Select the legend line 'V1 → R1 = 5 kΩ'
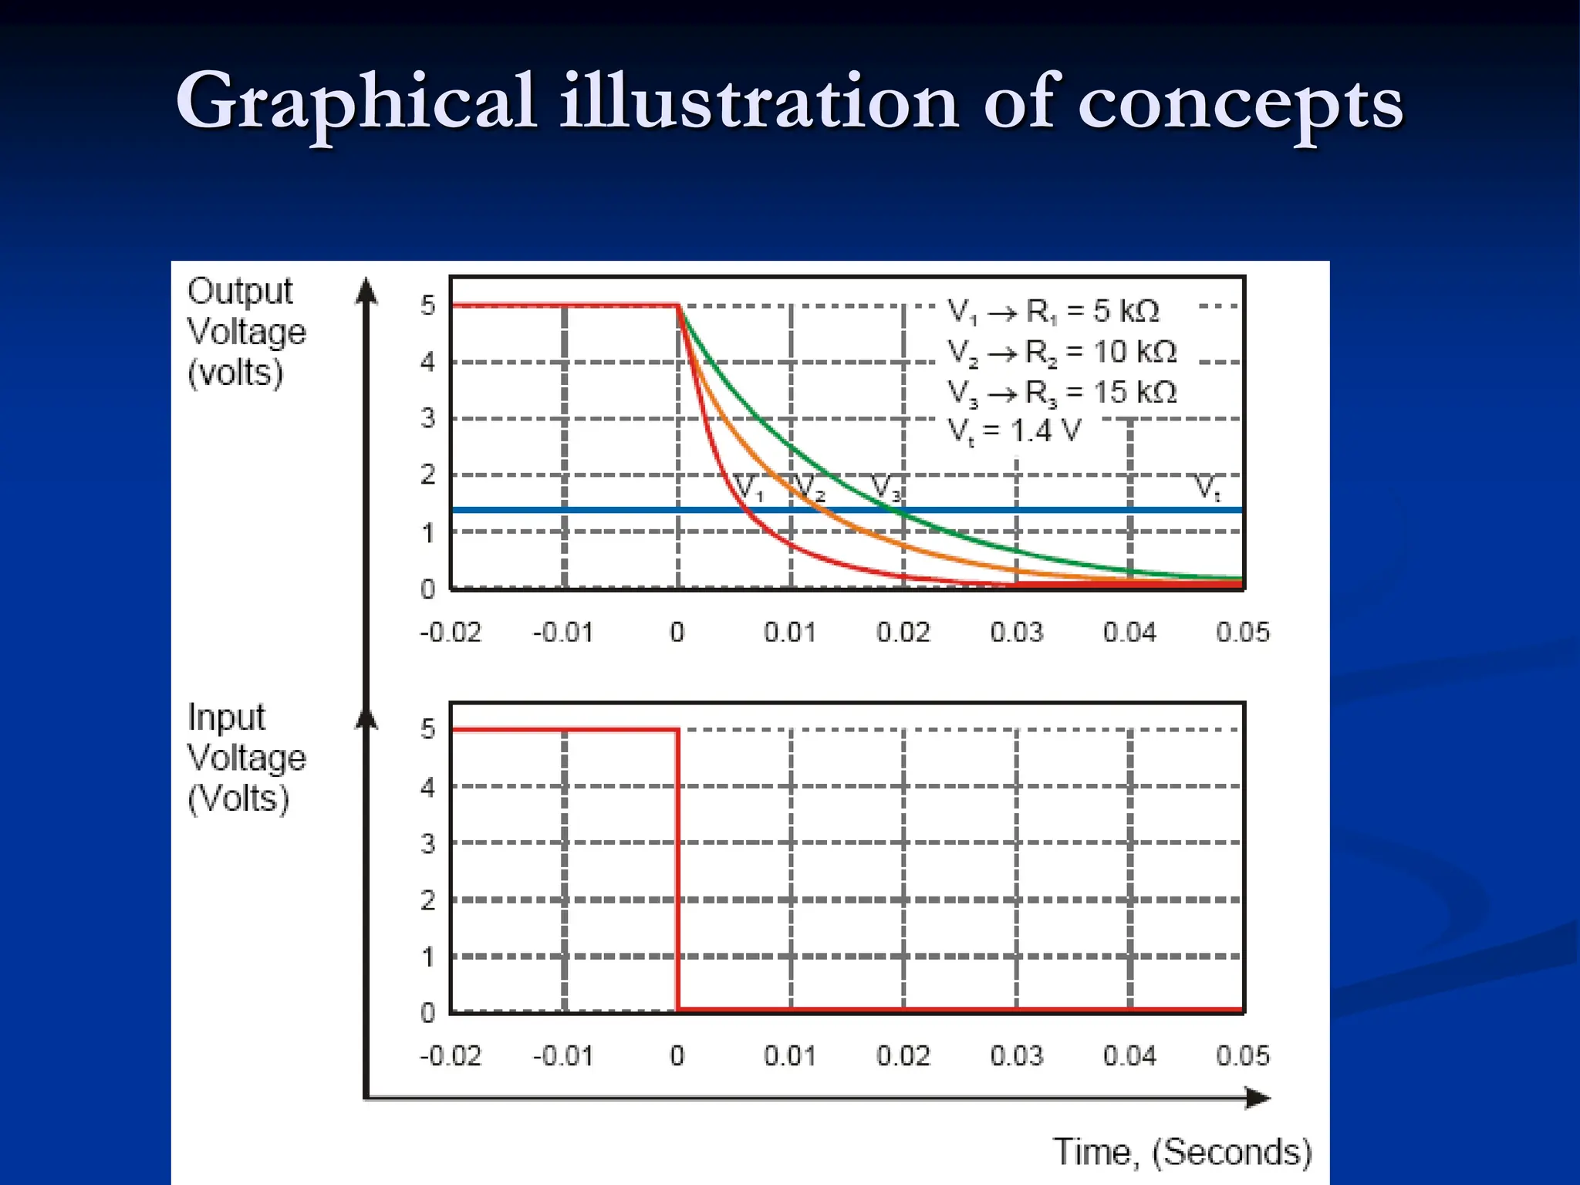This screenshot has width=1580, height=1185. tap(1053, 312)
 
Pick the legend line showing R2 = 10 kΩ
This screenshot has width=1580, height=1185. tap(1062, 353)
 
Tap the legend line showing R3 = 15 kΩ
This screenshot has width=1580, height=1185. tap(1062, 393)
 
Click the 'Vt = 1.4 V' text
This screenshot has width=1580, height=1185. tap(1014, 430)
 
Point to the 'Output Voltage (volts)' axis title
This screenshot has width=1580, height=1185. tap(246, 332)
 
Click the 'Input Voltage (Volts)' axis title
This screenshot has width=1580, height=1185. tap(246, 758)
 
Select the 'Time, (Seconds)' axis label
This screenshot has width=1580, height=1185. tap(1182, 1152)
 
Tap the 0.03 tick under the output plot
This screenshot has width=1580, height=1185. tap(1016, 633)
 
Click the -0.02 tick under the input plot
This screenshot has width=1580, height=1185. tap(450, 1055)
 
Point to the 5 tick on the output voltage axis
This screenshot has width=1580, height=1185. tap(427, 306)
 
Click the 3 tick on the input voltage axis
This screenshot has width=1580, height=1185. tap(427, 843)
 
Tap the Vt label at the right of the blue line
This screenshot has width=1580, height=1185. tap(1207, 488)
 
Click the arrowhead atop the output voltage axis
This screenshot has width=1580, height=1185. tap(366, 292)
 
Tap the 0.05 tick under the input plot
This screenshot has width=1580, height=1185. tap(1242, 1055)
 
